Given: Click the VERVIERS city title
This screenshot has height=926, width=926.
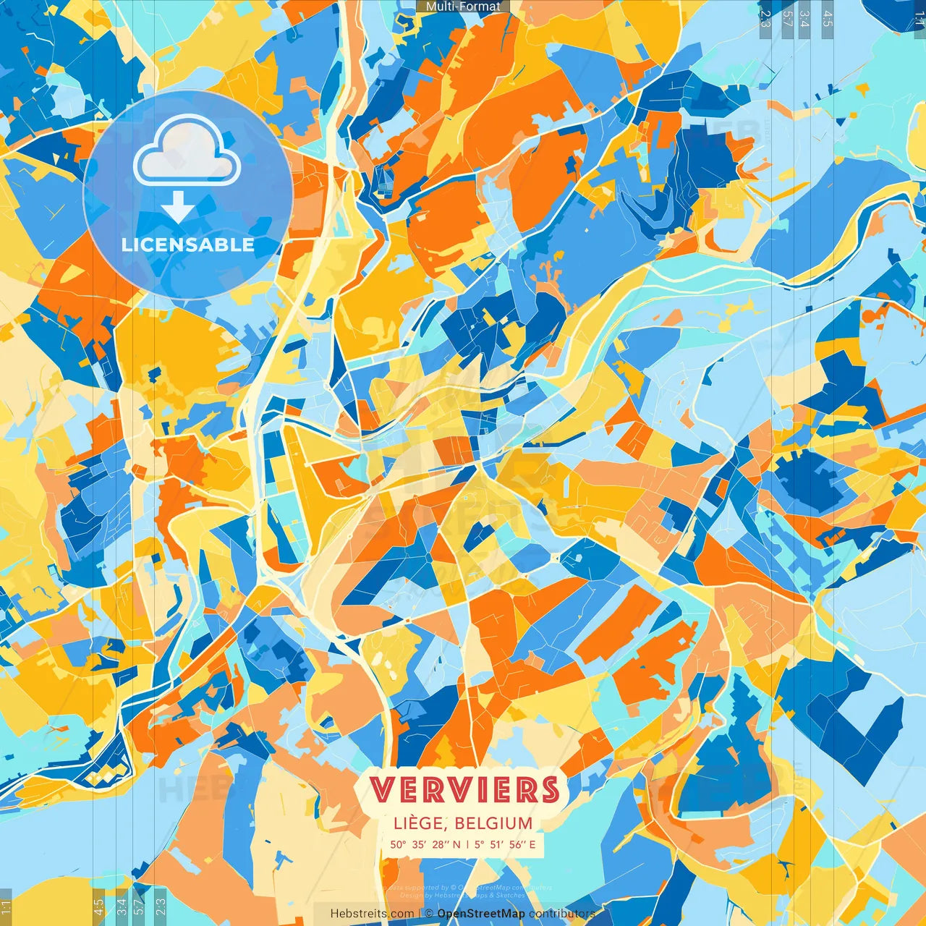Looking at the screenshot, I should tap(464, 790).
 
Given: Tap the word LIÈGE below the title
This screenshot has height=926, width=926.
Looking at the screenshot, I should tap(421, 823).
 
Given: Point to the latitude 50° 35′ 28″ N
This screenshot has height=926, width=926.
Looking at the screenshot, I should tap(425, 844).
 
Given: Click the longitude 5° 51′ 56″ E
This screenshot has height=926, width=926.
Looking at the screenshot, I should tap(505, 844).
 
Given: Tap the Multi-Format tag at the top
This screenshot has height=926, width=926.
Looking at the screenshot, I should tap(463, 7).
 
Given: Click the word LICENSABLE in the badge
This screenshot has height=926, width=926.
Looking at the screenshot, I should tap(188, 245).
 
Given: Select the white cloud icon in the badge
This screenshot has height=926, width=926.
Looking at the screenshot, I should tap(187, 152).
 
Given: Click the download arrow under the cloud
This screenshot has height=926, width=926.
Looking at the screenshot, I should tap(177, 207).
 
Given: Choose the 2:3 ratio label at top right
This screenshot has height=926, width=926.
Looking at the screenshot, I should tap(765, 19).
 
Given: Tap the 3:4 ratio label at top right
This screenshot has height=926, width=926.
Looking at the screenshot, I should tap(804, 19).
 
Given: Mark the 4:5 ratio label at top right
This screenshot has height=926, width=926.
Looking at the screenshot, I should tap(828, 19).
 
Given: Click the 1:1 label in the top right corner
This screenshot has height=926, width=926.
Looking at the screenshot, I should tap(919, 19).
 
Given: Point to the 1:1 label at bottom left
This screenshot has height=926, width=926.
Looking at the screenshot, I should tap(6, 907).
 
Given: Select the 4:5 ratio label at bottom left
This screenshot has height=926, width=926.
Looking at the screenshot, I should tap(98, 907).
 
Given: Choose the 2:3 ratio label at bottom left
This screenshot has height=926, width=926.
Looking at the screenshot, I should tap(160, 907).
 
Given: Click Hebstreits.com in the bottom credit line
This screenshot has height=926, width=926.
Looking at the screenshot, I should tap(372, 914).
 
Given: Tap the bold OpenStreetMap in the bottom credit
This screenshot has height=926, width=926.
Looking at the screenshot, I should tap(481, 914).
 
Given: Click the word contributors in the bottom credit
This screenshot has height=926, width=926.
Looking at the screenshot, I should tap(562, 914).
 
